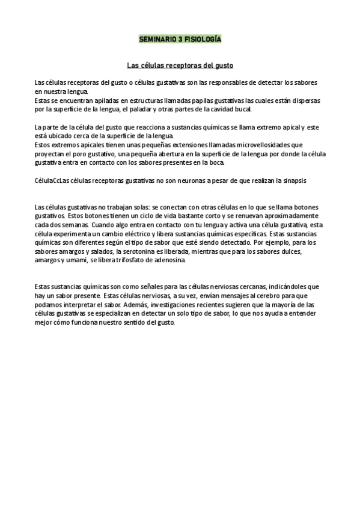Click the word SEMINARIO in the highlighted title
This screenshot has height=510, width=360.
click(x=157, y=38)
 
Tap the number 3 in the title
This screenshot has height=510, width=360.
click(x=180, y=38)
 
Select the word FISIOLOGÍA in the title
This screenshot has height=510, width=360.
click(x=203, y=38)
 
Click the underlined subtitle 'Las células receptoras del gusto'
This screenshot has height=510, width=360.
click(x=180, y=64)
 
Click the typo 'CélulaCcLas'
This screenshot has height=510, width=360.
click(x=52, y=180)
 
